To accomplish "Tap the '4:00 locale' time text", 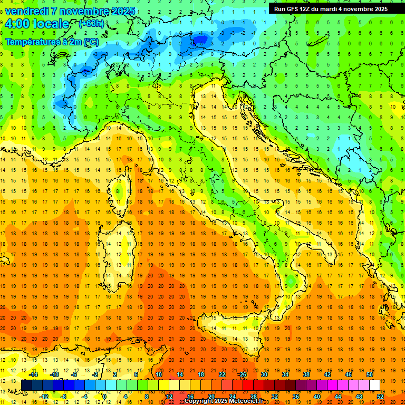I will (36, 24).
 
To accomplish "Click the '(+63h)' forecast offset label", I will (92, 23).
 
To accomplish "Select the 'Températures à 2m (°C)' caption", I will (52, 41).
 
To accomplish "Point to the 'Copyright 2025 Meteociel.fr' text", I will (227, 401).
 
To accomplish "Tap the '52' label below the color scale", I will (380, 396).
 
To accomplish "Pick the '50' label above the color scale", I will (370, 374).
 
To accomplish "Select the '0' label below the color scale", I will (105, 396).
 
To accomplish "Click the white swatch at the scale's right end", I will (375, 385).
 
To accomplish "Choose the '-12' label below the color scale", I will (44, 396).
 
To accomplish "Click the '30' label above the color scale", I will (264, 374).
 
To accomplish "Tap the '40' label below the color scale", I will (317, 396).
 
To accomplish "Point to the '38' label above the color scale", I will (306, 374).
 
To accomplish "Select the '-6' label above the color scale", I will (74, 374).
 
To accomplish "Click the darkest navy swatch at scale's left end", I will (27, 385).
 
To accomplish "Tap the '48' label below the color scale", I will (359, 396).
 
